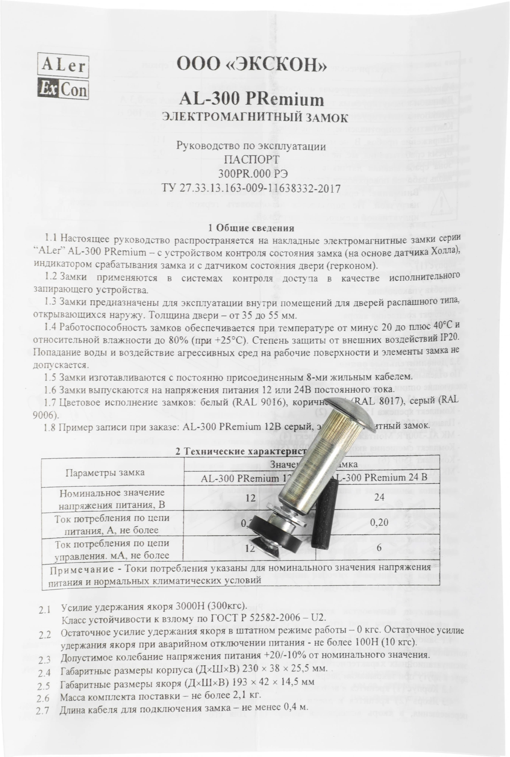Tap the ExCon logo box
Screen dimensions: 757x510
click(63, 89)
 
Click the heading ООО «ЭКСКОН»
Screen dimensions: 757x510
click(251, 65)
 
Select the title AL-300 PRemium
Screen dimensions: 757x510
click(251, 100)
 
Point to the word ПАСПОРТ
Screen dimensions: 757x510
click(251, 159)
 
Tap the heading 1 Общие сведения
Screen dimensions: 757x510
click(251, 228)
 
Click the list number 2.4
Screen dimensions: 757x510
click(45, 673)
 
